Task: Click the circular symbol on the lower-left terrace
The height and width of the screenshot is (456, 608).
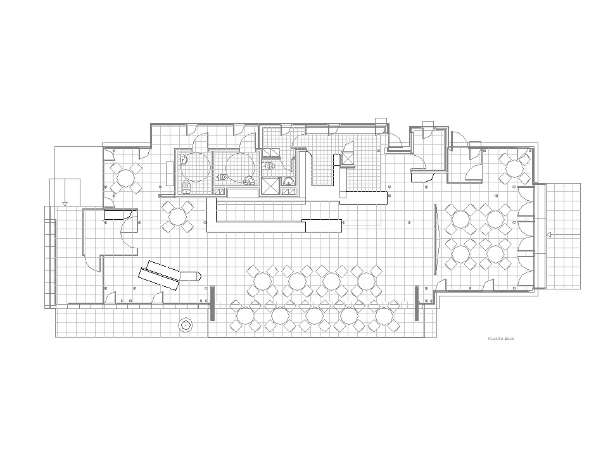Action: [x=186, y=324]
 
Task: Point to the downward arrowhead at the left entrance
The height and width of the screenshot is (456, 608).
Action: [x=65, y=203]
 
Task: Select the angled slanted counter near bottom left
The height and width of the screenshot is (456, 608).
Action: [x=160, y=275]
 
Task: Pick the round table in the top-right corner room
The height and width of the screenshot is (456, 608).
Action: [x=514, y=168]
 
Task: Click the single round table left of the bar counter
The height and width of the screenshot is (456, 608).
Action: [x=178, y=217]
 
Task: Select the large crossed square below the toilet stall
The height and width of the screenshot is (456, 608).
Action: [x=270, y=186]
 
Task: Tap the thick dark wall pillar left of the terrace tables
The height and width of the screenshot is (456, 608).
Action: [x=212, y=303]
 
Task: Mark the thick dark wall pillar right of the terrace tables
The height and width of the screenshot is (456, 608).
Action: [x=417, y=303]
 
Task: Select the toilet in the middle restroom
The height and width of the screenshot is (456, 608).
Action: [x=222, y=177]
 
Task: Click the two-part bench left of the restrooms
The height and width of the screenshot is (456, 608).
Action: [x=170, y=174]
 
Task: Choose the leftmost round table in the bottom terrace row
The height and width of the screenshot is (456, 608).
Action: [x=245, y=316]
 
